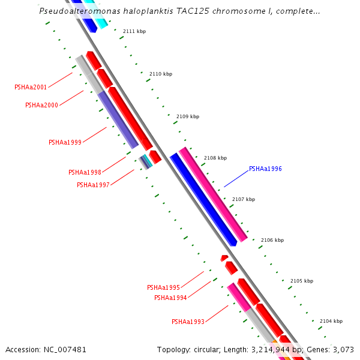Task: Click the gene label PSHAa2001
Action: click(x=31, y=87)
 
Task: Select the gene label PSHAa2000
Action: click(x=41, y=105)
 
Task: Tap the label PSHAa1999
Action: click(x=65, y=142)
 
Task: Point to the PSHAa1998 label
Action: click(x=85, y=172)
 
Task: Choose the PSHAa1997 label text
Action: click(x=93, y=185)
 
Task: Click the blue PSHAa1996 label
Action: click(x=265, y=169)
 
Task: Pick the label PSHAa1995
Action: click(x=163, y=287)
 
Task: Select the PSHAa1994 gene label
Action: click(x=170, y=298)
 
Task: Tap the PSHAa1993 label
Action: click(x=188, y=322)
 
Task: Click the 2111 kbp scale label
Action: click(x=134, y=31)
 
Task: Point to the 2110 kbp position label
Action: click(x=161, y=74)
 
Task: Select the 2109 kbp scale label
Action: click(x=188, y=116)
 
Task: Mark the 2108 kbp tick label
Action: click(x=215, y=158)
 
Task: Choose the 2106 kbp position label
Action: click(x=272, y=240)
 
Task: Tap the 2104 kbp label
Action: click(x=331, y=321)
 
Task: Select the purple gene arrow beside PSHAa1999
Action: click(x=118, y=120)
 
